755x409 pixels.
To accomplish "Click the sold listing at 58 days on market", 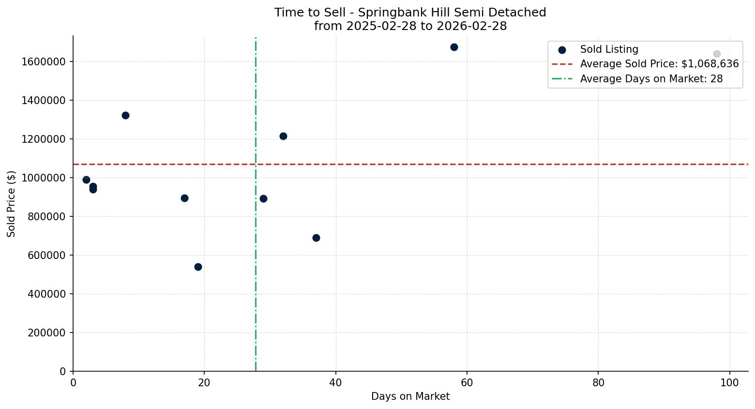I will click(x=454, y=47).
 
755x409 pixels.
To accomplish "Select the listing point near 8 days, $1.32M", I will click(x=125, y=115).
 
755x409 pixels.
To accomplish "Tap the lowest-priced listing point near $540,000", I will click(x=198, y=267).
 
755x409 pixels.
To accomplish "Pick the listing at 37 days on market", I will click(x=316, y=238).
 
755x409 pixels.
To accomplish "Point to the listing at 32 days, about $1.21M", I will click(x=283, y=136).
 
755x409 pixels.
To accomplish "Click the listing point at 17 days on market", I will click(x=184, y=198).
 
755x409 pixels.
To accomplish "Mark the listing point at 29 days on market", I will click(x=263, y=198).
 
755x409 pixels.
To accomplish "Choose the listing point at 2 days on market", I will click(x=86, y=180).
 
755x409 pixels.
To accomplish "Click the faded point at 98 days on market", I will click(x=717, y=54).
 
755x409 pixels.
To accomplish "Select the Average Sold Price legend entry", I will click(x=659, y=64).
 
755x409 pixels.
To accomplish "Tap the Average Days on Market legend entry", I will click(x=651, y=79).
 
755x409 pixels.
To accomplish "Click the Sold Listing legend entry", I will click(x=609, y=49).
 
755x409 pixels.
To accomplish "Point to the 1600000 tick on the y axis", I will click(x=44, y=61).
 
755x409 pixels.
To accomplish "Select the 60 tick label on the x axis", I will click(x=467, y=383).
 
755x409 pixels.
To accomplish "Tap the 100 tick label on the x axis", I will click(x=730, y=383).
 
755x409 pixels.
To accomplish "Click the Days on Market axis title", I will click(x=410, y=396).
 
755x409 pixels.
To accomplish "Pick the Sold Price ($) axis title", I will click(x=12, y=204).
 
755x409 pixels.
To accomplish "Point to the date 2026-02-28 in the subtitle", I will click(x=472, y=26).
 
